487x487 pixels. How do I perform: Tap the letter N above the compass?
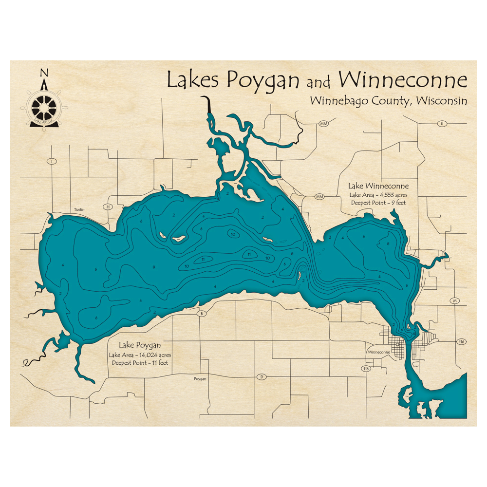click(44, 74)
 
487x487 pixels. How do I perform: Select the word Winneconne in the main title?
click(403, 79)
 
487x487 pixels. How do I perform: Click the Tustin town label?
click(79, 209)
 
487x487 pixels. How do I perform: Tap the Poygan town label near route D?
click(200, 378)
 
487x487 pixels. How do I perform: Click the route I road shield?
click(51, 161)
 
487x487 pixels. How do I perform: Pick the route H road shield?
click(108, 206)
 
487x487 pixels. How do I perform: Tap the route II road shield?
click(441, 124)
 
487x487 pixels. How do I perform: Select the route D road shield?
click(262, 376)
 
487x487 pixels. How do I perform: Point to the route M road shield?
click(455, 300)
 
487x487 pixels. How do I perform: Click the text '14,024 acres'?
click(154, 354)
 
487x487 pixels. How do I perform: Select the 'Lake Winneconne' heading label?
click(378, 186)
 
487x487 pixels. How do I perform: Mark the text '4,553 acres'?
click(392, 194)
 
